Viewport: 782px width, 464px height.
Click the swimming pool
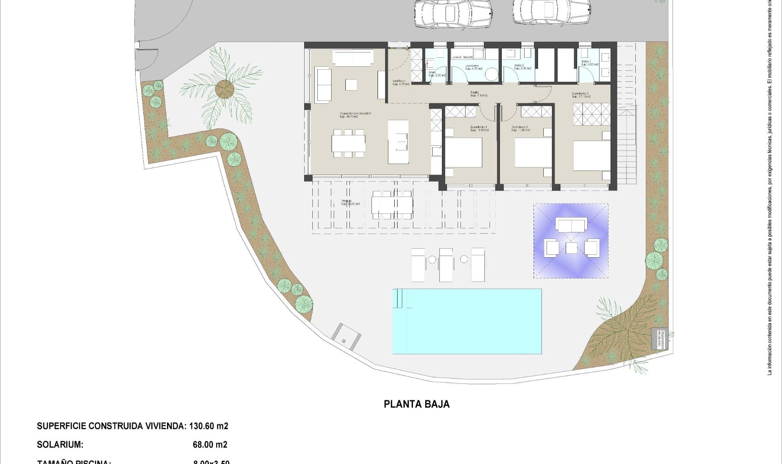point(467,321)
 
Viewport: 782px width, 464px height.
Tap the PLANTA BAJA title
point(417,404)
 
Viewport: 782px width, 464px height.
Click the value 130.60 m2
point(208,426)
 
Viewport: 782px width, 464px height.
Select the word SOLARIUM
point(60,445)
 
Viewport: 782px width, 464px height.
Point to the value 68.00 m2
point(210,445)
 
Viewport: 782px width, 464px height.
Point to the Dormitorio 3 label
point(479,129)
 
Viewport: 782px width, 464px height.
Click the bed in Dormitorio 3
point(463,153)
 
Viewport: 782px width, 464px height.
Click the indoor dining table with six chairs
point(348,143)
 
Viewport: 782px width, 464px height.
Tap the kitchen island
point(398,142)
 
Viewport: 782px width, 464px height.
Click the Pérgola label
point(350,202)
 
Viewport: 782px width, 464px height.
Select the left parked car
point(452,14)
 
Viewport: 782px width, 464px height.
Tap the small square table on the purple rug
point(571,247)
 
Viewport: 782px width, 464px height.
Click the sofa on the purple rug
point(572,225)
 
